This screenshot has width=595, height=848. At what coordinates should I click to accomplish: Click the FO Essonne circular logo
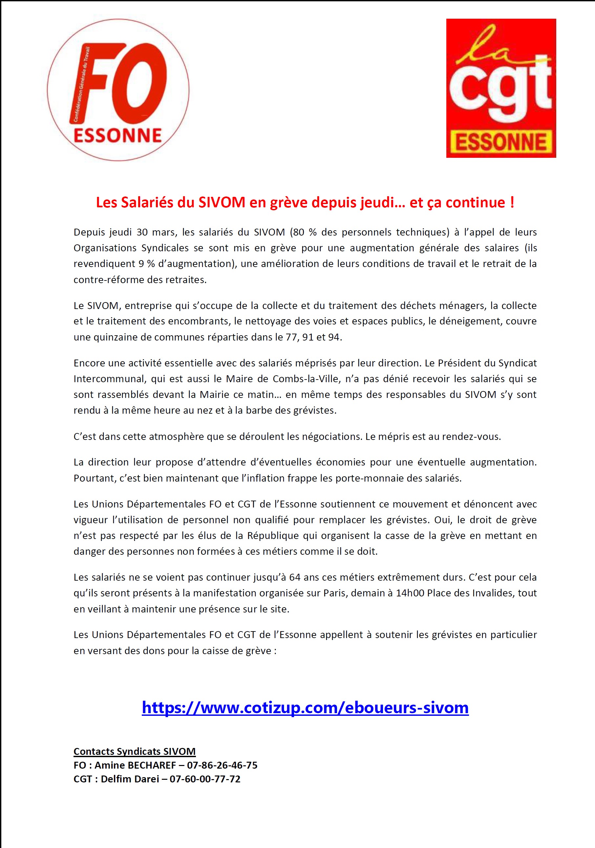tap(118, 90)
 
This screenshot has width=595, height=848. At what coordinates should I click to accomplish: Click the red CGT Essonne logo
tap(501, 88)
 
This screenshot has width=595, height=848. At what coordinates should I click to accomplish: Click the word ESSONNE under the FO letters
tap(118, 135)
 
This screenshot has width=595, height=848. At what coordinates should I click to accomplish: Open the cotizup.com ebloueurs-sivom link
tap(305, 707)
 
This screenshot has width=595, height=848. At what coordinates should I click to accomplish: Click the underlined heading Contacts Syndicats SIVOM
tap(135, 751)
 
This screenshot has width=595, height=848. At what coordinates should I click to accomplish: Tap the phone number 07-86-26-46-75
tap(222, 765)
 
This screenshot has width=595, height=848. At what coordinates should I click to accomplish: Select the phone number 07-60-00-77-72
tap(205, 779)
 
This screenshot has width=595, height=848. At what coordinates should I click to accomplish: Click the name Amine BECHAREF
tap(135, 765)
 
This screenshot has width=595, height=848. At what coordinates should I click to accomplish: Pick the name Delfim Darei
tap(130, 779)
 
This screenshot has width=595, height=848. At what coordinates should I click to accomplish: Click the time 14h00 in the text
tap(410, 593)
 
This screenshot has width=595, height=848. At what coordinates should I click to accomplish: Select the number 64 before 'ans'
tap(294, 577)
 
